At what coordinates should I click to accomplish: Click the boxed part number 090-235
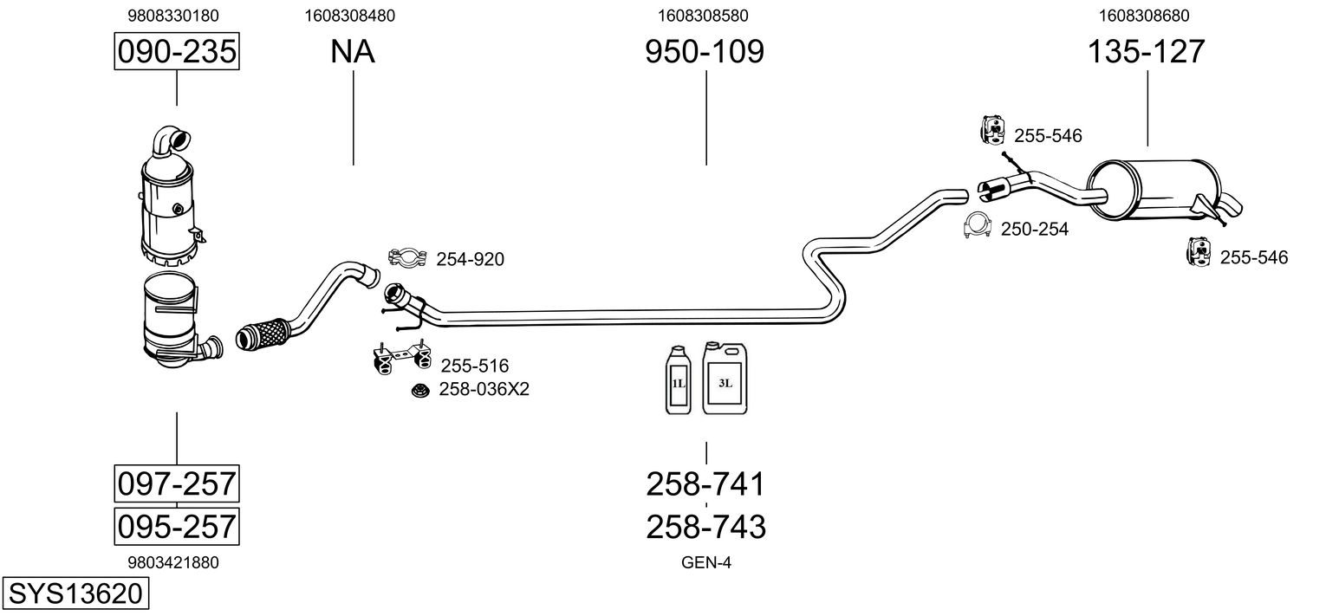tap(177, 52)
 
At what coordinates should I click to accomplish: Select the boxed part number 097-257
tap(177, 483)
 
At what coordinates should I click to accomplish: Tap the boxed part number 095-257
tap(177, 526)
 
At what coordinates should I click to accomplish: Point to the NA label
tap(353, 52)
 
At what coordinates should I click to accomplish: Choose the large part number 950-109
tap(705, 52)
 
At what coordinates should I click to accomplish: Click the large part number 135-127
tap(1147, 52)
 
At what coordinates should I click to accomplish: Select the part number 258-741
tap(705, 484)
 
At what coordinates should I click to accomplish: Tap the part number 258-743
tap(705, 526)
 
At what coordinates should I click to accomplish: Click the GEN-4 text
tap(706, 562)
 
